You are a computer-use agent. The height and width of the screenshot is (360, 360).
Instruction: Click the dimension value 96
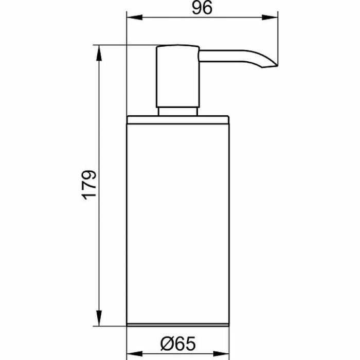(x=202, y=8)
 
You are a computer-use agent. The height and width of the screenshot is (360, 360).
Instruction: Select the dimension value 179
(x=89, y=185)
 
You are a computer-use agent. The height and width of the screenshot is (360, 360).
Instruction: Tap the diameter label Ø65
(x=178, y=344)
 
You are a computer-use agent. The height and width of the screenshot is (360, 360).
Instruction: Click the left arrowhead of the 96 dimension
(x=135, y=17)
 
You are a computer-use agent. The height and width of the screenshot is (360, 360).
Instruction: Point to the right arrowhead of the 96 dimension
(x=270, y=17)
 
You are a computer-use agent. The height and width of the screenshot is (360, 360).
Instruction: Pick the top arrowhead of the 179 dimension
(x=99, y=53)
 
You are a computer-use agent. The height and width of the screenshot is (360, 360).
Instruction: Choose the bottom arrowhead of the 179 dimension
(x=99, y=318)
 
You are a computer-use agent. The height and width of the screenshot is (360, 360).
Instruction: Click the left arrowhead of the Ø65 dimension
(x=135, y=354)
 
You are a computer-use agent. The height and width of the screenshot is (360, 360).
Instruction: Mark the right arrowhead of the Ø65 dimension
(x=221, y=354)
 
